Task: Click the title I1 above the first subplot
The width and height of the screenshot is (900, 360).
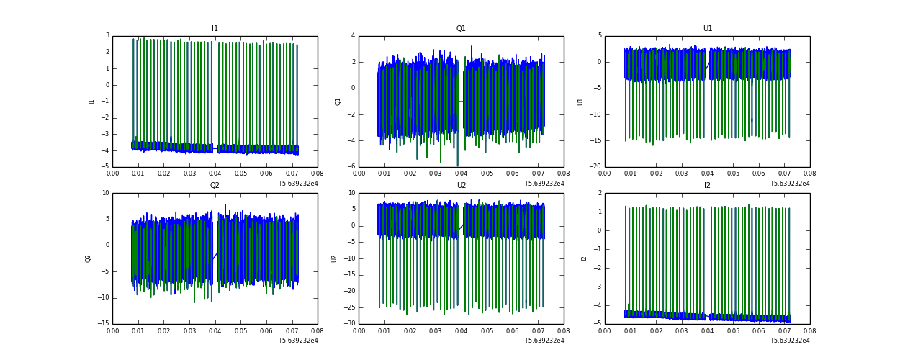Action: coord(215,29)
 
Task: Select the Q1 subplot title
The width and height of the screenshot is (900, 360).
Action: coord(461,29)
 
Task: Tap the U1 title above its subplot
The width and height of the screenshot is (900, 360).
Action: coord(707,29)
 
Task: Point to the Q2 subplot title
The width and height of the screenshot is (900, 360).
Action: coord(215,186)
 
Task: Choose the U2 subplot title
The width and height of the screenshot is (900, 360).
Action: coord(461,186)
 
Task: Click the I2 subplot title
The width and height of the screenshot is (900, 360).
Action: coord(707,186)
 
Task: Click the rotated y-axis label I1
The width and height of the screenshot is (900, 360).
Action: coord(91,102)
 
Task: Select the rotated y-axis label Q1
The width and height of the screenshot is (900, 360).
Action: coord(338,102)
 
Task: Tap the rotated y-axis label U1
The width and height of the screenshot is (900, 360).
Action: coord(580,102)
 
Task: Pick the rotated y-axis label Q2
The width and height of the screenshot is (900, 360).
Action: coord(88,258)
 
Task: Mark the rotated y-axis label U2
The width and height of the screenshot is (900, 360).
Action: coord(334,258)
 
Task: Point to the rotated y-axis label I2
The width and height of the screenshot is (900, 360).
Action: coord(584,258)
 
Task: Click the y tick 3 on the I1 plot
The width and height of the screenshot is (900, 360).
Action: coord(107,36)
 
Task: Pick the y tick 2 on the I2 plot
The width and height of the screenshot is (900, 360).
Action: coord(599,193)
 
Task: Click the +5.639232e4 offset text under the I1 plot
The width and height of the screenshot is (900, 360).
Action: coord(297,184)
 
